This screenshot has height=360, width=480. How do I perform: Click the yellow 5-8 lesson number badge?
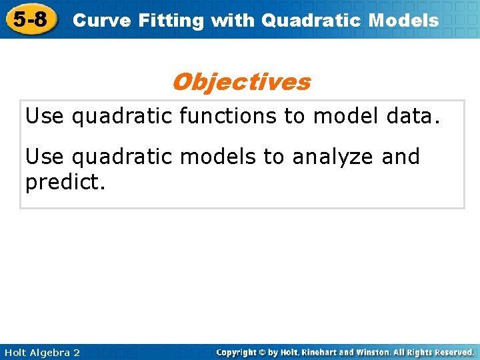click(30, 19)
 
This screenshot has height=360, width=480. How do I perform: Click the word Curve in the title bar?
click(95, 21)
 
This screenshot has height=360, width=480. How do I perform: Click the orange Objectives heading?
click(241, 82)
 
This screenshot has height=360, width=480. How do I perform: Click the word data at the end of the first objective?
click(413, 117)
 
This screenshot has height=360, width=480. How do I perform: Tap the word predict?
click(65, 181)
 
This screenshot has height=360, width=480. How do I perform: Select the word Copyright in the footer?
click(238, 352)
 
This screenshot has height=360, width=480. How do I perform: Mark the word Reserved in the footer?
click(452, 352)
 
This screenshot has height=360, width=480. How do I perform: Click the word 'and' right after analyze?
click(401, 157)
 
